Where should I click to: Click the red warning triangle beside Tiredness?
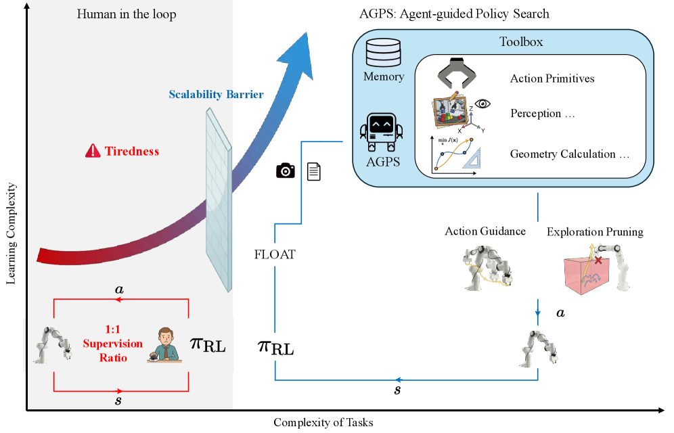click(x=93, y=151)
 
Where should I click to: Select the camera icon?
click(x=286, y=171)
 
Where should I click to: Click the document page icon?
click(x=314, y=171)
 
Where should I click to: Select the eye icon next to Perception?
click(x=482, y=104)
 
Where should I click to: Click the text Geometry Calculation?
click(x=569, y=154)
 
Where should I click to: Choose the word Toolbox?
click(x=521, y=42)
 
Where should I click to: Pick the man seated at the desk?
click(x=162, y=344)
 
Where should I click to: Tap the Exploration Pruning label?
click(x=595, y=232)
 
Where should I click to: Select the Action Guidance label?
click(x=485, y=231)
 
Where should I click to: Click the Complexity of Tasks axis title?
click(x=323, y=423)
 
